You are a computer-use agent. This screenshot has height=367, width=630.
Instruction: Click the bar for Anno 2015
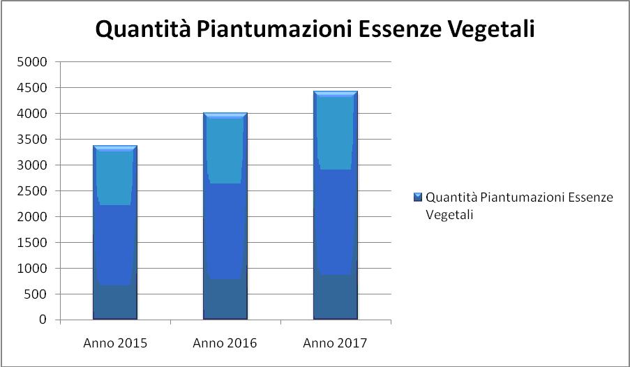click(x=115, y=233)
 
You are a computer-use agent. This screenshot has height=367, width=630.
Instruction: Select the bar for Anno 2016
click(x=225, y=216)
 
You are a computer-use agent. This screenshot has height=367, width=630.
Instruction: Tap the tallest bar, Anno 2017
click(x=335, y=206)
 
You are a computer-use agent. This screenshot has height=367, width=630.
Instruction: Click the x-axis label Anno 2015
click(x=115, y=343)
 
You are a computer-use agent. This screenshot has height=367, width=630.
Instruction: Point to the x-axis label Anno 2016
click(x=225, y=343)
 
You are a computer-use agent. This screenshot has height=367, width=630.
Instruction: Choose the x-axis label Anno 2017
click(x=335, y=343)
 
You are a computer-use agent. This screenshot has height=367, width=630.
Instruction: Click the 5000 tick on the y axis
click(x=32, y=62)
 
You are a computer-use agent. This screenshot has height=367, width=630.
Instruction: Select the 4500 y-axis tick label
click(x=32, y=88)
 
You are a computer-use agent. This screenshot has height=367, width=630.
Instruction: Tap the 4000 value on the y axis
click(x=32, y=114)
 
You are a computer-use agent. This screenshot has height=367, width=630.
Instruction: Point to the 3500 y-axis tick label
click(x=32, y=140)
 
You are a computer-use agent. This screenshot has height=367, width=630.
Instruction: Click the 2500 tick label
click(x=32, y=191)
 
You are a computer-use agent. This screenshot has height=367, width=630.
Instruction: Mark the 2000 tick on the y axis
click(x=32, y=217)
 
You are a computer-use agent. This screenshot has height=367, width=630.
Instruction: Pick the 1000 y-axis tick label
click(x=32, y=269)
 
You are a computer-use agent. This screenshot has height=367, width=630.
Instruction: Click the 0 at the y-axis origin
click(x=43, y=320)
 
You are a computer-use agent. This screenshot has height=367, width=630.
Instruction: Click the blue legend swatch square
click(x=417, y=197)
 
